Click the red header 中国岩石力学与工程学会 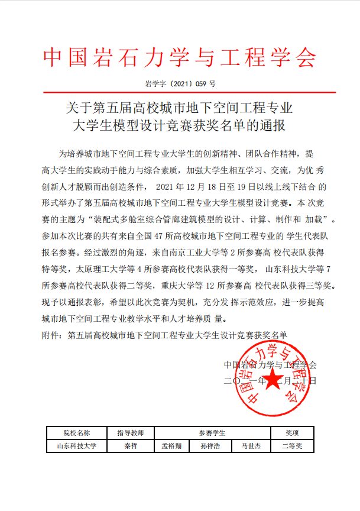pyautogui.click(x=180, y=57)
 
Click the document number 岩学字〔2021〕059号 pyautogui.click(x=180, y=84)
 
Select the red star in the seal pyautogui.click(x=273, y=381)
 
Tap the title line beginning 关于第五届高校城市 pyautogui.click(x=180, y=108)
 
